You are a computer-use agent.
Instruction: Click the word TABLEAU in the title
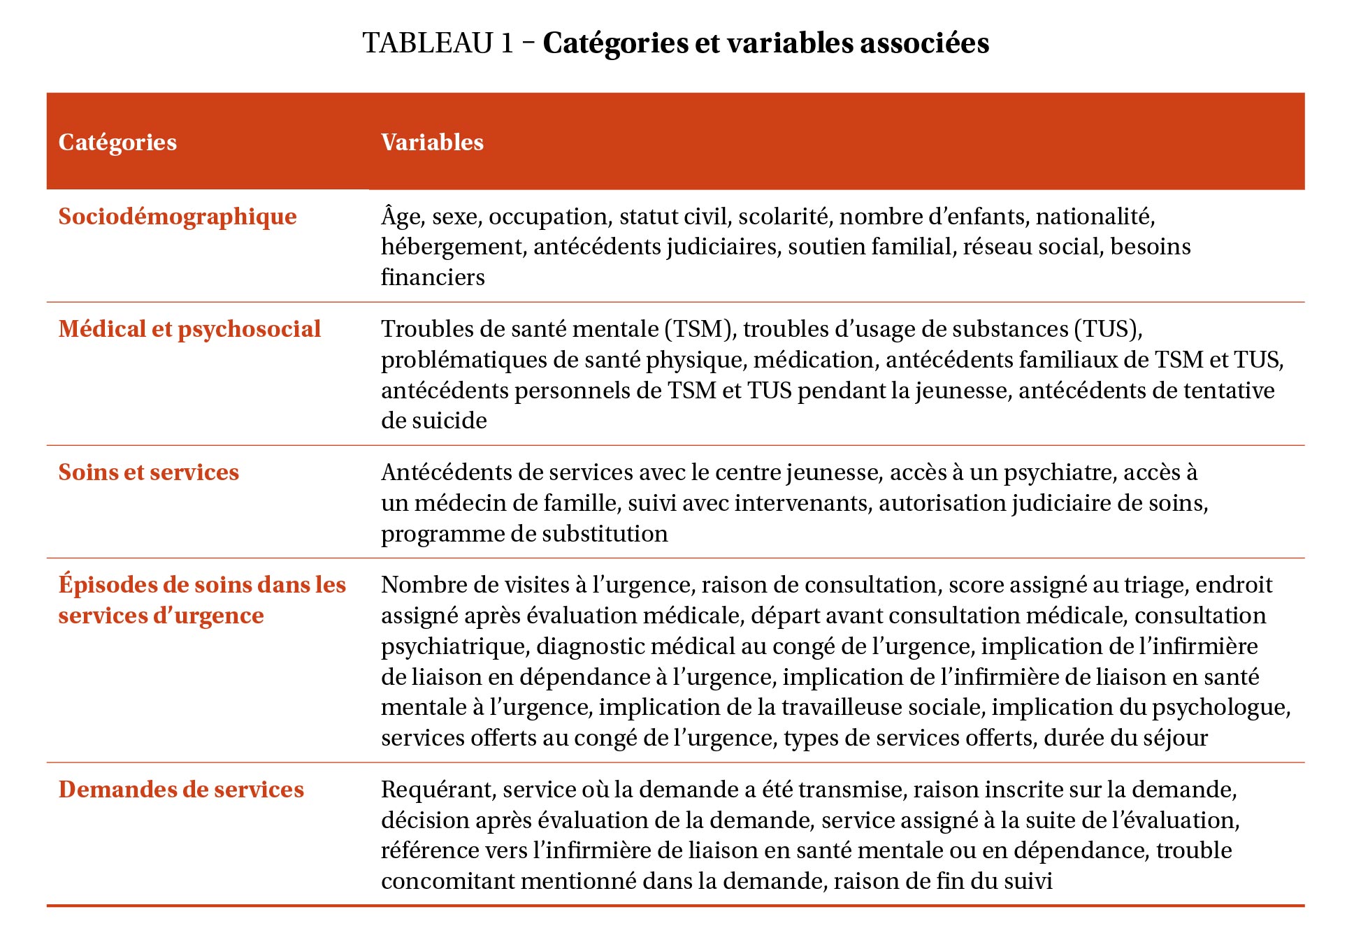(428, 43)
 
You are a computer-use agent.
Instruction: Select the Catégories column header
(117, 142)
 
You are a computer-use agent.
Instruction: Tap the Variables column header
(432, 142)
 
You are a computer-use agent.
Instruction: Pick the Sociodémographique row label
(178, 217)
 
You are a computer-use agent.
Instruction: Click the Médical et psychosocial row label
(189, 329)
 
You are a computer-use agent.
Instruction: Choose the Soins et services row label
(148, 472)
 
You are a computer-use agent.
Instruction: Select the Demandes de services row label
(181, 790)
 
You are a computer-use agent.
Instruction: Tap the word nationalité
(1095, 217)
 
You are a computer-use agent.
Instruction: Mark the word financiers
(433, 277)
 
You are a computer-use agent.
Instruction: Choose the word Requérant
(438, 790)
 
